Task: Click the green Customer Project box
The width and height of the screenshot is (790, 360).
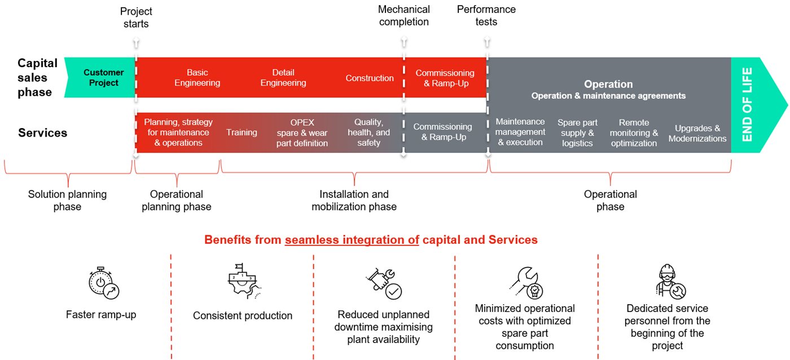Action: pos(103,78)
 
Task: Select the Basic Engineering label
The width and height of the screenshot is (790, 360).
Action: pos(197,78)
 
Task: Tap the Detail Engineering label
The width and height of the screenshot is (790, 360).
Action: pos(283,78)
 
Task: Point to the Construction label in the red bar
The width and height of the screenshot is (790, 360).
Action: pos(370,78)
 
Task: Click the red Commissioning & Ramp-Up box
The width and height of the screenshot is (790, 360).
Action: pos(445,78)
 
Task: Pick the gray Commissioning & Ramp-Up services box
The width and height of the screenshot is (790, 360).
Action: pos(442,132)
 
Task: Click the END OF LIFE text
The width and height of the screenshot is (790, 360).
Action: pos(747,104)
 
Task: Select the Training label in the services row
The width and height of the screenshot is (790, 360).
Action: pos(242,133)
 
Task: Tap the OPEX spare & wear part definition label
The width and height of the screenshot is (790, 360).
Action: pos(302,133)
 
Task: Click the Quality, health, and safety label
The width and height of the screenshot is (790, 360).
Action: pos(372,133)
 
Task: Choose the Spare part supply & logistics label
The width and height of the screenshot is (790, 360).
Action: pos(577,133)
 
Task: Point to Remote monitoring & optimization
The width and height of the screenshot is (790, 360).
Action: pos(634,133)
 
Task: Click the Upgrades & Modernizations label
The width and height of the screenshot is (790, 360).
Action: pos(697,133)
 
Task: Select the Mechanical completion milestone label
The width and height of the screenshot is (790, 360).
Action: pos(404,16)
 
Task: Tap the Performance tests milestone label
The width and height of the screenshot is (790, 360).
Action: pos(486,16)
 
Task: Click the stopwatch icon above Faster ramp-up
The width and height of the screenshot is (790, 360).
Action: pos(104,283)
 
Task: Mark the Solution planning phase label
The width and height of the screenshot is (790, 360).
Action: pos(67,200)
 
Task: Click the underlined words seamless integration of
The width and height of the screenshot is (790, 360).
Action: pos(352,240)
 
